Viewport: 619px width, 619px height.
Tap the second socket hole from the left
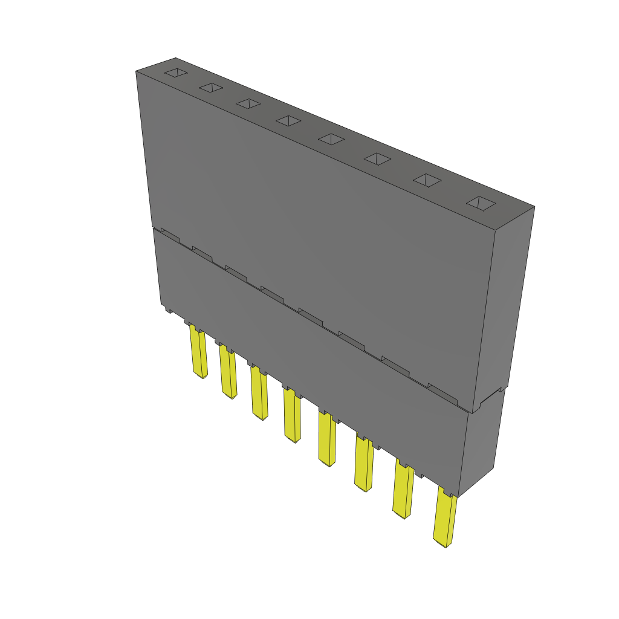point(211,88)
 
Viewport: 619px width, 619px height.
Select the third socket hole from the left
point(248,104)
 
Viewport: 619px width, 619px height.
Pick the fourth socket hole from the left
point(288,121)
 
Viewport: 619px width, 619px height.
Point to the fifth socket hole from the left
point(331,139)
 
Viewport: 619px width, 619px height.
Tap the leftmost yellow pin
point(198,354)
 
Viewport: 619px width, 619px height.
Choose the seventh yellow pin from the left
point(403,491)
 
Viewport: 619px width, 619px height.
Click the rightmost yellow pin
point(445,520)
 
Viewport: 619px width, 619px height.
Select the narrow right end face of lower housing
point(482,441)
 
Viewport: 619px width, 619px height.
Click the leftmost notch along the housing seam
point(170,236)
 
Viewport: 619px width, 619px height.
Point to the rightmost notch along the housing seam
point(442,392)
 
